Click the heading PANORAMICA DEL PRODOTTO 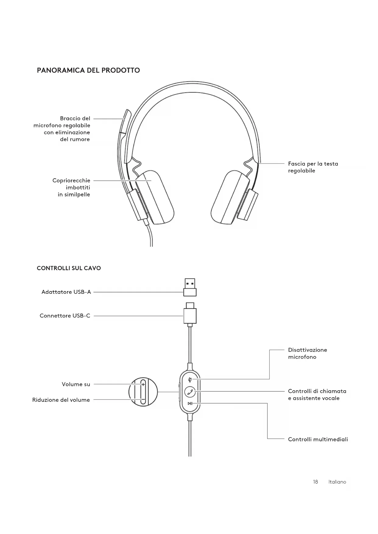(88, 70)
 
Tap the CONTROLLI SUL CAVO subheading (69, 268)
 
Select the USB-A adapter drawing (190, 287)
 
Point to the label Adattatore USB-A (66, 292)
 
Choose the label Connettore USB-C (65, 316)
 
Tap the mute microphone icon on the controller (190, 379)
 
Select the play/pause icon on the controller (190, 404)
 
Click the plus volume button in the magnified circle (143, 385)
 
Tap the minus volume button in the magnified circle (143, 399)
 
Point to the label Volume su (76, 384)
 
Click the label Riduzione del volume (61, 400)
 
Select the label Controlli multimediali (318, 439)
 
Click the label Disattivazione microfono (307, 353)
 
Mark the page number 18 (315, 482)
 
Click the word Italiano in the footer (337, 482)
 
